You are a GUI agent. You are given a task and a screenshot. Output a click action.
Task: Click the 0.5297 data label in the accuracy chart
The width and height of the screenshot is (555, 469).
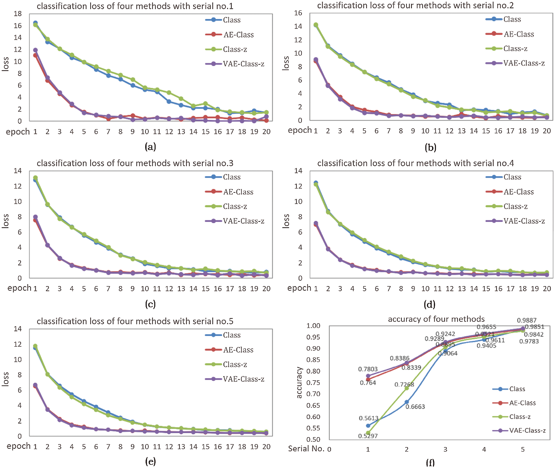click(x=368, y=436)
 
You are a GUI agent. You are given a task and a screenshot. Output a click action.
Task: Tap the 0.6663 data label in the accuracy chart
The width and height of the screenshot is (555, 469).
click(x=415, y=407)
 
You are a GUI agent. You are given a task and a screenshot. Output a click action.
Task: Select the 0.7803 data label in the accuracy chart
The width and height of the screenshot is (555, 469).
click(x=368, y=369)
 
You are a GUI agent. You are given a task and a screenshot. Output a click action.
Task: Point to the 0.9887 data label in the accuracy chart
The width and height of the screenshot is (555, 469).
click(x=527, y=320)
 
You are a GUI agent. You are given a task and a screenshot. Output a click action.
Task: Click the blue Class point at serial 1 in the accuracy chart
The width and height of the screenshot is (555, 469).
click(x=368, y=426)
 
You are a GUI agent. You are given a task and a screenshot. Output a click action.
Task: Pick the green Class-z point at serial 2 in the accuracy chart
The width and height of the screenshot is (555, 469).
click(x=407, y=388)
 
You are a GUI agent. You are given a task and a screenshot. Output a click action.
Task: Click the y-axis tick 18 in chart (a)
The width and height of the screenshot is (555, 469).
click(x=18, y=14)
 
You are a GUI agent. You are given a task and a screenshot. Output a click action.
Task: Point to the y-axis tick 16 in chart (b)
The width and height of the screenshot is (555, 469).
click(x=298, y=13)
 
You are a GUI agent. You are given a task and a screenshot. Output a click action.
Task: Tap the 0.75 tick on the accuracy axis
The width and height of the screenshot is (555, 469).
click(x=313, y=383)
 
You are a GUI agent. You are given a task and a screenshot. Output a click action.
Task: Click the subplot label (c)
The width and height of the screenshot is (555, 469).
click(x=150, y=304)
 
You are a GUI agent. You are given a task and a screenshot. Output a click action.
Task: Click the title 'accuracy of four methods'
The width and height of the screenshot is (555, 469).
click(x=436, y=319)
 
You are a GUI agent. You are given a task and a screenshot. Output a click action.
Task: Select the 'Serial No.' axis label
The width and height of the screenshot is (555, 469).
click(x=306, y=449)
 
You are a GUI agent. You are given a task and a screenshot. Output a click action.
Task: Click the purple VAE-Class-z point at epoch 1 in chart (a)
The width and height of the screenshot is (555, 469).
click(x=35, y=50)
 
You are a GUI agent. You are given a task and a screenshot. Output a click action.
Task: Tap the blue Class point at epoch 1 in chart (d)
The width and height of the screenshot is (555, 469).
click(x=316, y=183)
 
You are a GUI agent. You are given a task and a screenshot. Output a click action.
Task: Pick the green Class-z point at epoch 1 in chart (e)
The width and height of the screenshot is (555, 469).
click(x=35, y=346)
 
